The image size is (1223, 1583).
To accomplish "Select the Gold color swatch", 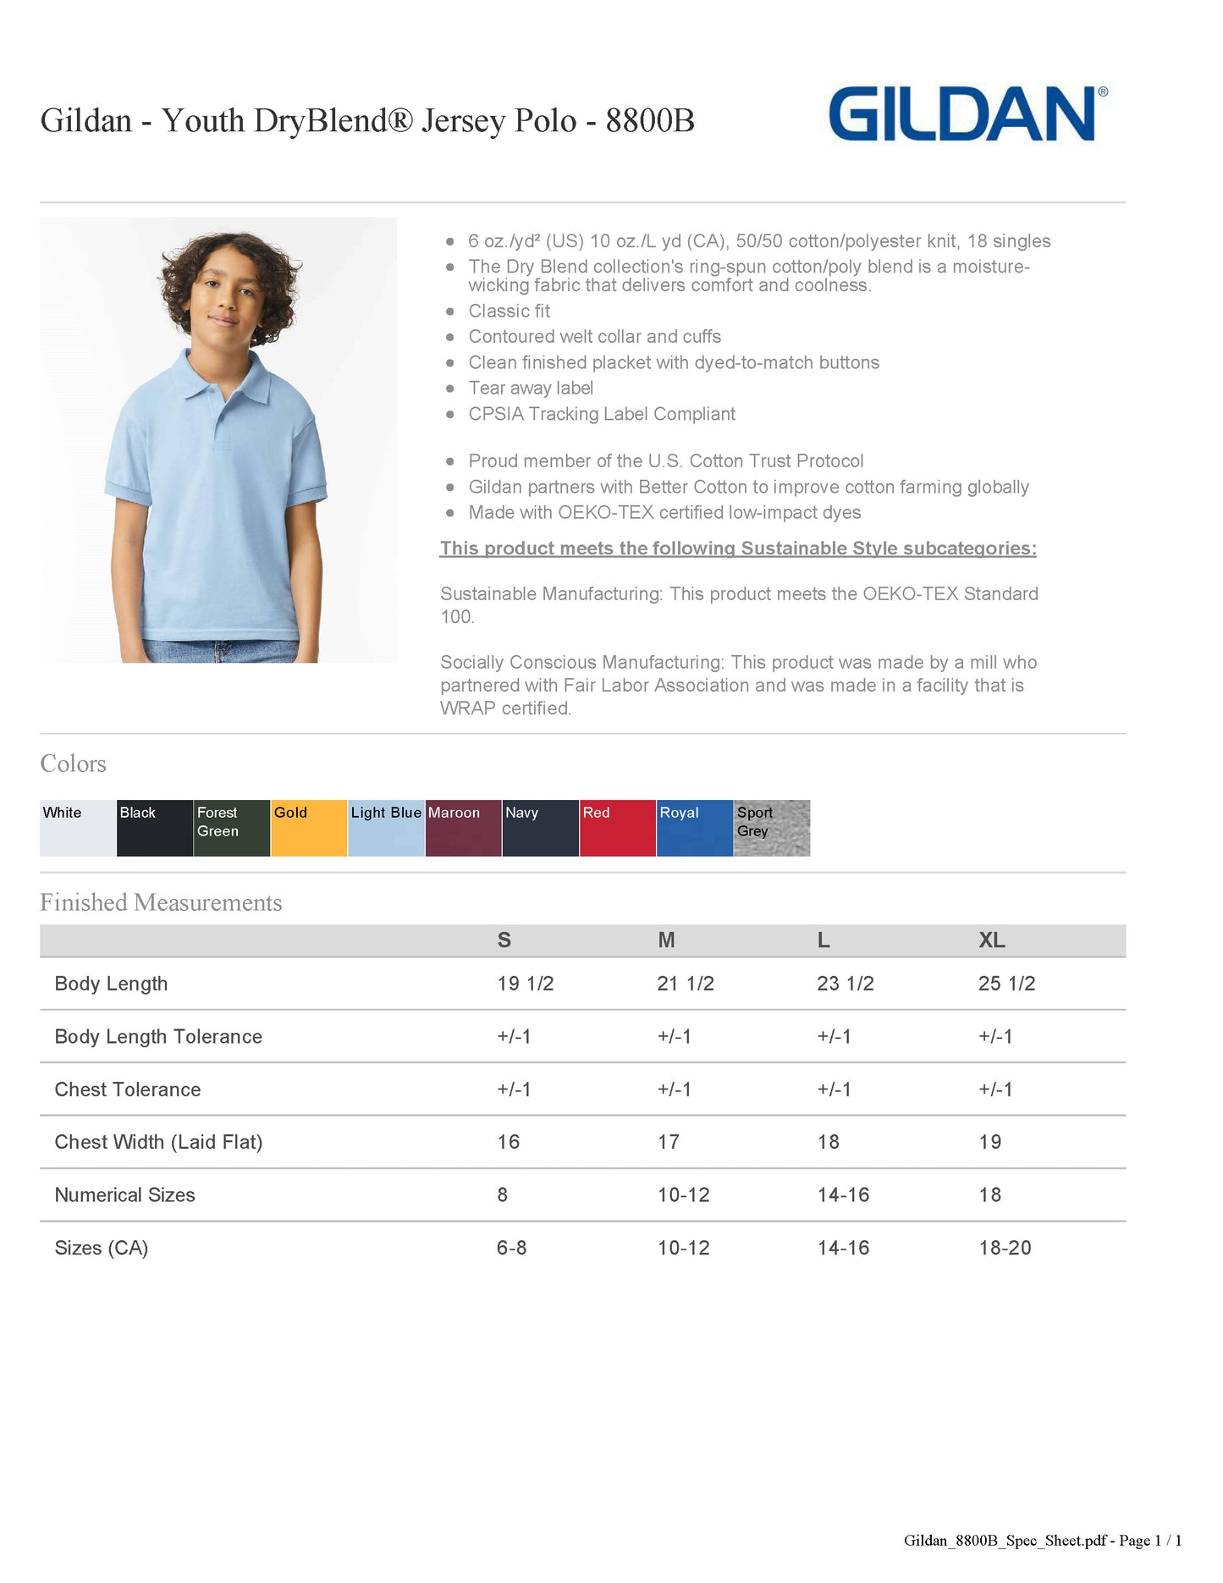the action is pos(309,828).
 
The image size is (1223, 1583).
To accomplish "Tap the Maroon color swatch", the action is pos(463,828).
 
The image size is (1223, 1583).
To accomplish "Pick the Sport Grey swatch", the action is pos(772,828).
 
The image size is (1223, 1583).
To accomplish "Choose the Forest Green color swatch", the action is pos(232,828).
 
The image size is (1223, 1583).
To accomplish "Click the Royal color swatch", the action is pos(695,828).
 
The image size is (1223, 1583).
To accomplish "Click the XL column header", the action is pos(992,940).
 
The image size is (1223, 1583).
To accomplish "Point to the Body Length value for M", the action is pos(686,984).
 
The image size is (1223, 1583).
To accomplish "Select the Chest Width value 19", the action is pos(990,1142).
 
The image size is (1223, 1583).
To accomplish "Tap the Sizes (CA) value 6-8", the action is pos(512,1248).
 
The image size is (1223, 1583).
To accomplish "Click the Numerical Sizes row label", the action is pos(125,1195).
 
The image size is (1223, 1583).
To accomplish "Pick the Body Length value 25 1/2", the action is pos(1006,984).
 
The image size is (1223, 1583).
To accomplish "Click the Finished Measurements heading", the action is pos(161,902).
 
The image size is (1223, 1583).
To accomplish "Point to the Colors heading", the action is pos(74,764).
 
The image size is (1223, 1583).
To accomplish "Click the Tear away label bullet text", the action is pos(531,389).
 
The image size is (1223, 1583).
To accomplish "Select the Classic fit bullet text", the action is pos(510,312).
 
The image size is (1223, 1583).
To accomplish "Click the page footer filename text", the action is pos(1042,1541).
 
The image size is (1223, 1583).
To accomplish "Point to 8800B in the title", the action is pos(650,121).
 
